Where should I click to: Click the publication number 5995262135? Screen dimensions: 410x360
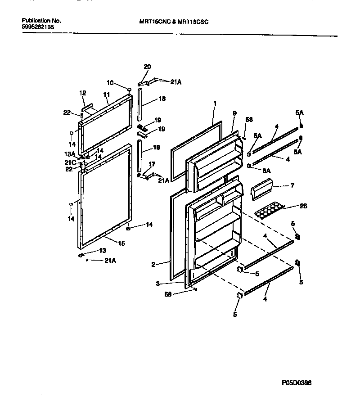pos(37,27)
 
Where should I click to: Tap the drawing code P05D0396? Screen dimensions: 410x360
pos(296,383)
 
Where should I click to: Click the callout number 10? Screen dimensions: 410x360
pos(110,82)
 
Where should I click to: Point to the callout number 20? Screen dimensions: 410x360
pos(147,67)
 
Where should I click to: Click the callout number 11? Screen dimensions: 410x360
pos(106,95)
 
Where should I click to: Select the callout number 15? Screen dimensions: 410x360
pos(121,243)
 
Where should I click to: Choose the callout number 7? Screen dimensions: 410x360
pos(292,185)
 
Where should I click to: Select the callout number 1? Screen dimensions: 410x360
pos(215,103)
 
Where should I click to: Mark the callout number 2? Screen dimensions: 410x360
pos(153,265)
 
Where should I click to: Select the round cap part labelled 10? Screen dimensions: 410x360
pos(129,90)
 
